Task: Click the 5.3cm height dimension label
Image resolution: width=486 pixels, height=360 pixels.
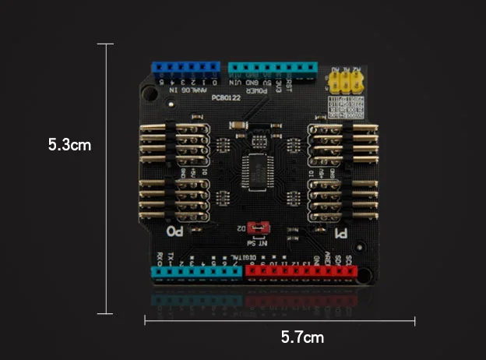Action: pyautogui.click(x=69, y=145)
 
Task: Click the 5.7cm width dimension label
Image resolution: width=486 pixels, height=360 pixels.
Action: pyautogui.click(x=302, y=337)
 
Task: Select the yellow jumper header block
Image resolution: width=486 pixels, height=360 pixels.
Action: pyautogui.click(x=346, y=82)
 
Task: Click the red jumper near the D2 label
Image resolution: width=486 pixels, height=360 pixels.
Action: pyautogui.click(x=262, y=228)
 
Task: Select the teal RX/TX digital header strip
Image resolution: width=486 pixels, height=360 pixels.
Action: pyautogui.click(x=197, y=271)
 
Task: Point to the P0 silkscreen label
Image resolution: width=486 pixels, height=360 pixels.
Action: pyautogui.click(x=176, y=231)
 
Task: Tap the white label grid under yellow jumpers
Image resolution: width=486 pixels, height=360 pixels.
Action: pyautogui.click(x=340, y=108)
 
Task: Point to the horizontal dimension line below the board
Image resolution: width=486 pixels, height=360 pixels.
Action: pyautogui.click(x=280, y=319)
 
